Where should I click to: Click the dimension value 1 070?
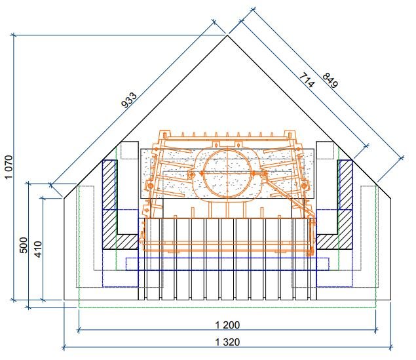click(x=9, y=167)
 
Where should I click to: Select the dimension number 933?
click(x=129, y=100)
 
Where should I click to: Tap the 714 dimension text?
click(x=307, y=80)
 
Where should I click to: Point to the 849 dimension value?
click(x=330, y=81)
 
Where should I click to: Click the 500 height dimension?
click(x=24, y=245)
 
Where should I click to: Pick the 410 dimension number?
click(x=38, y=249)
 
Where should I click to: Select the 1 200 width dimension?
click(x=227, y=325)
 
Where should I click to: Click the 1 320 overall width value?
click(x=227, y=342)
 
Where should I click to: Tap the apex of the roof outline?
click(x=227, y=35)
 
